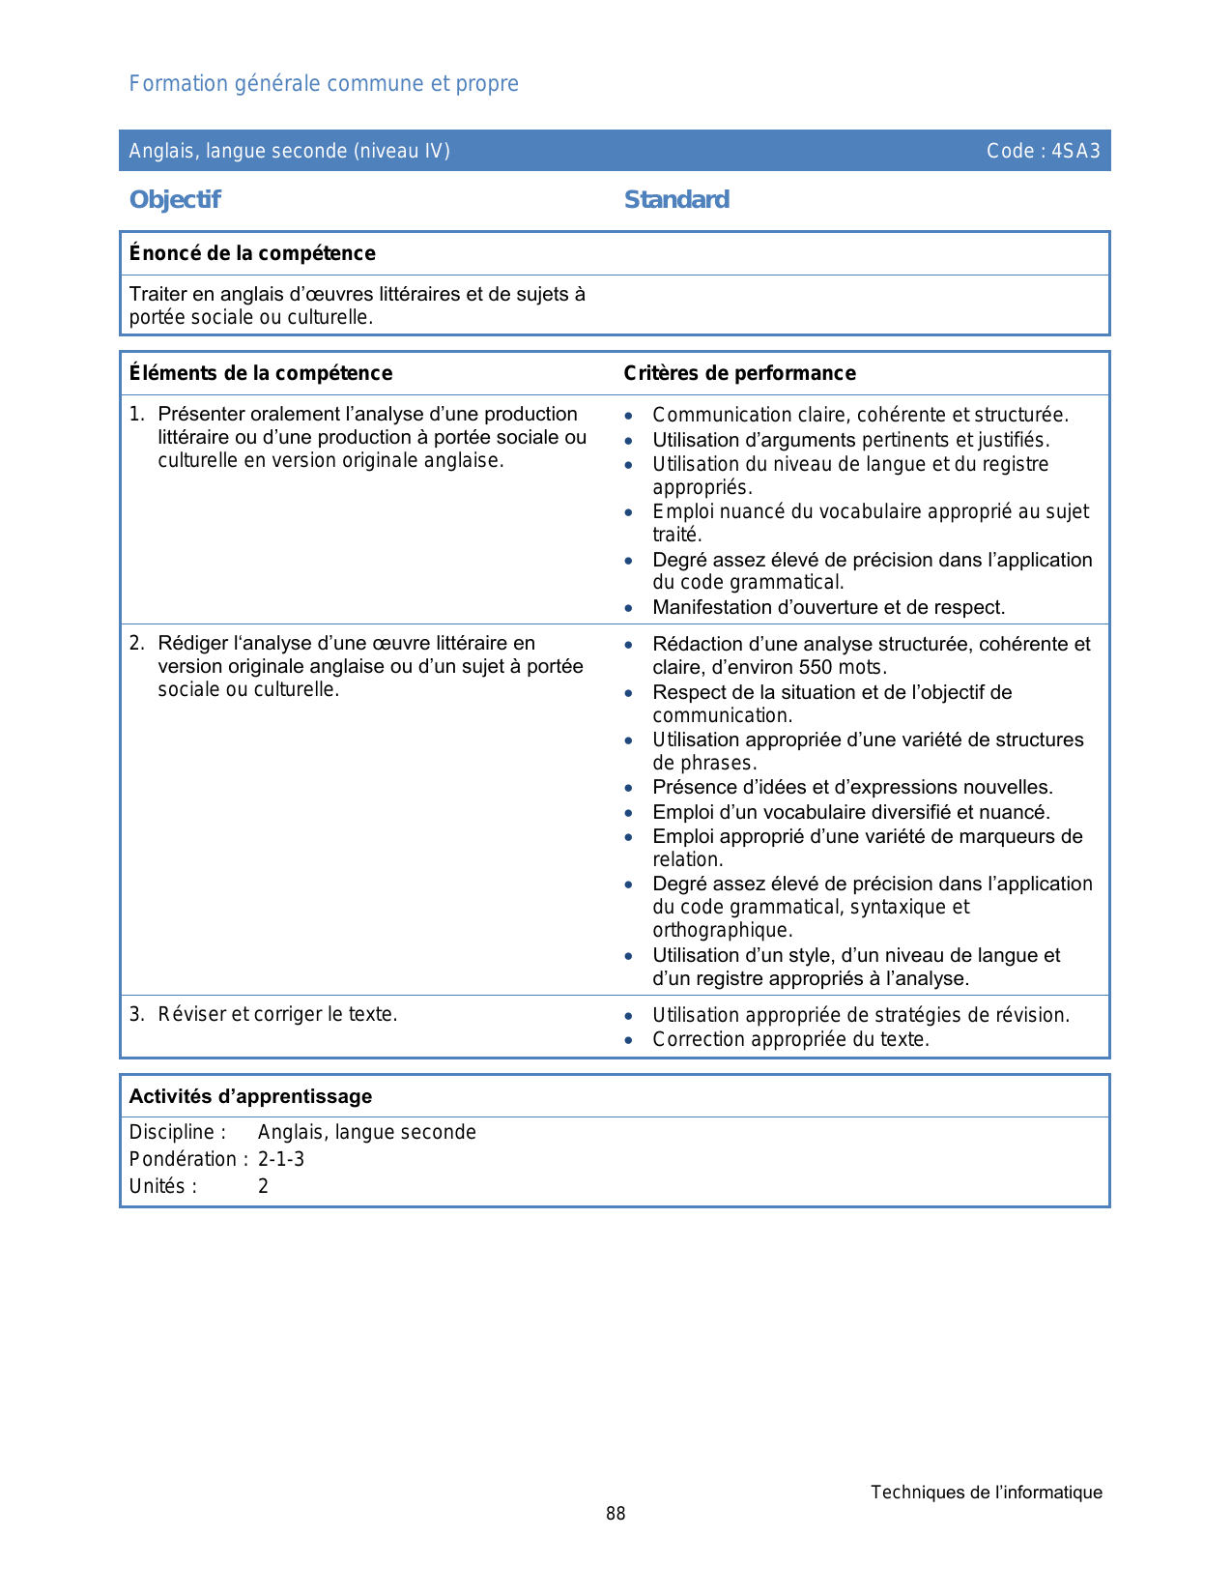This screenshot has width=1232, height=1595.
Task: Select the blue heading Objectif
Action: tap(175, 199)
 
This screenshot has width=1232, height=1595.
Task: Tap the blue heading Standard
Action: tap(676, 199)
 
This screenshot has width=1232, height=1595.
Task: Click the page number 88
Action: tap(616, 1514)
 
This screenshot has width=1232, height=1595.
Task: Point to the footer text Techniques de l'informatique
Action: tap(986, 1493)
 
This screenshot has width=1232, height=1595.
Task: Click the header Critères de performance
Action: tap(739, 373)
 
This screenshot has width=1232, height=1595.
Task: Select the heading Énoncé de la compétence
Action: tap(252, 253)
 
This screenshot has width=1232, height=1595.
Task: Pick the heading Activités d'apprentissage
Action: tap(250, 1096)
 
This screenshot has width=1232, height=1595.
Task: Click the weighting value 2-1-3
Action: tap(281, 1159)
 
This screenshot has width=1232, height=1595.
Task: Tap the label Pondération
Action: tap(184, 1159)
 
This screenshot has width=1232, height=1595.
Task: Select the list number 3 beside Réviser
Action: tap(136, 1014)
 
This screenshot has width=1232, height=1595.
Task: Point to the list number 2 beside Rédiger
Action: tap(136, 643)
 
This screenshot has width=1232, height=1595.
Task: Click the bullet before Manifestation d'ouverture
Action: tap(629, 608)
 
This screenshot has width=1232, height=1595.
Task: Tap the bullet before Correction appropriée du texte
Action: tap(629, 1040)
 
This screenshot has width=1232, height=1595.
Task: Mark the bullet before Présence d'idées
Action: tap(629, 788)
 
